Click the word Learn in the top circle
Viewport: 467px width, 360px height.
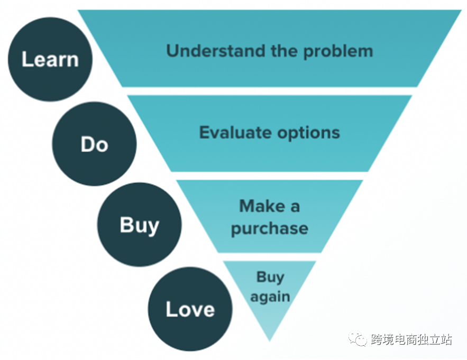50,59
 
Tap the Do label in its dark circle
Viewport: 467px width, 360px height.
94,144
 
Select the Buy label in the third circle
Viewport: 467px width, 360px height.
140,225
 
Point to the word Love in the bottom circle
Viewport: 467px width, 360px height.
190,309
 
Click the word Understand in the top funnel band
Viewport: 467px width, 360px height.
215,51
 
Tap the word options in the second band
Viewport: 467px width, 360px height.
309,134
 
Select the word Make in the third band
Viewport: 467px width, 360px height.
262,206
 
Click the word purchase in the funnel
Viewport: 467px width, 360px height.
270,229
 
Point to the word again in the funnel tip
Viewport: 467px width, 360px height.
270,297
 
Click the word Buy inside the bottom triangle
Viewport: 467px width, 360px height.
270,278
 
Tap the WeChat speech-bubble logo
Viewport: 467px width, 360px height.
358,338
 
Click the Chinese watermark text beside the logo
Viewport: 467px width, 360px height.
411,339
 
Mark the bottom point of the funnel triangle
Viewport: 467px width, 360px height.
270,341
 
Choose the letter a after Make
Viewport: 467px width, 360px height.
295,207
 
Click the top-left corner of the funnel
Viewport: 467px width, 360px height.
78,11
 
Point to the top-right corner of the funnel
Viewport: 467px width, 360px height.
461,11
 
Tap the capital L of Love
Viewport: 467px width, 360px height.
171,309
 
